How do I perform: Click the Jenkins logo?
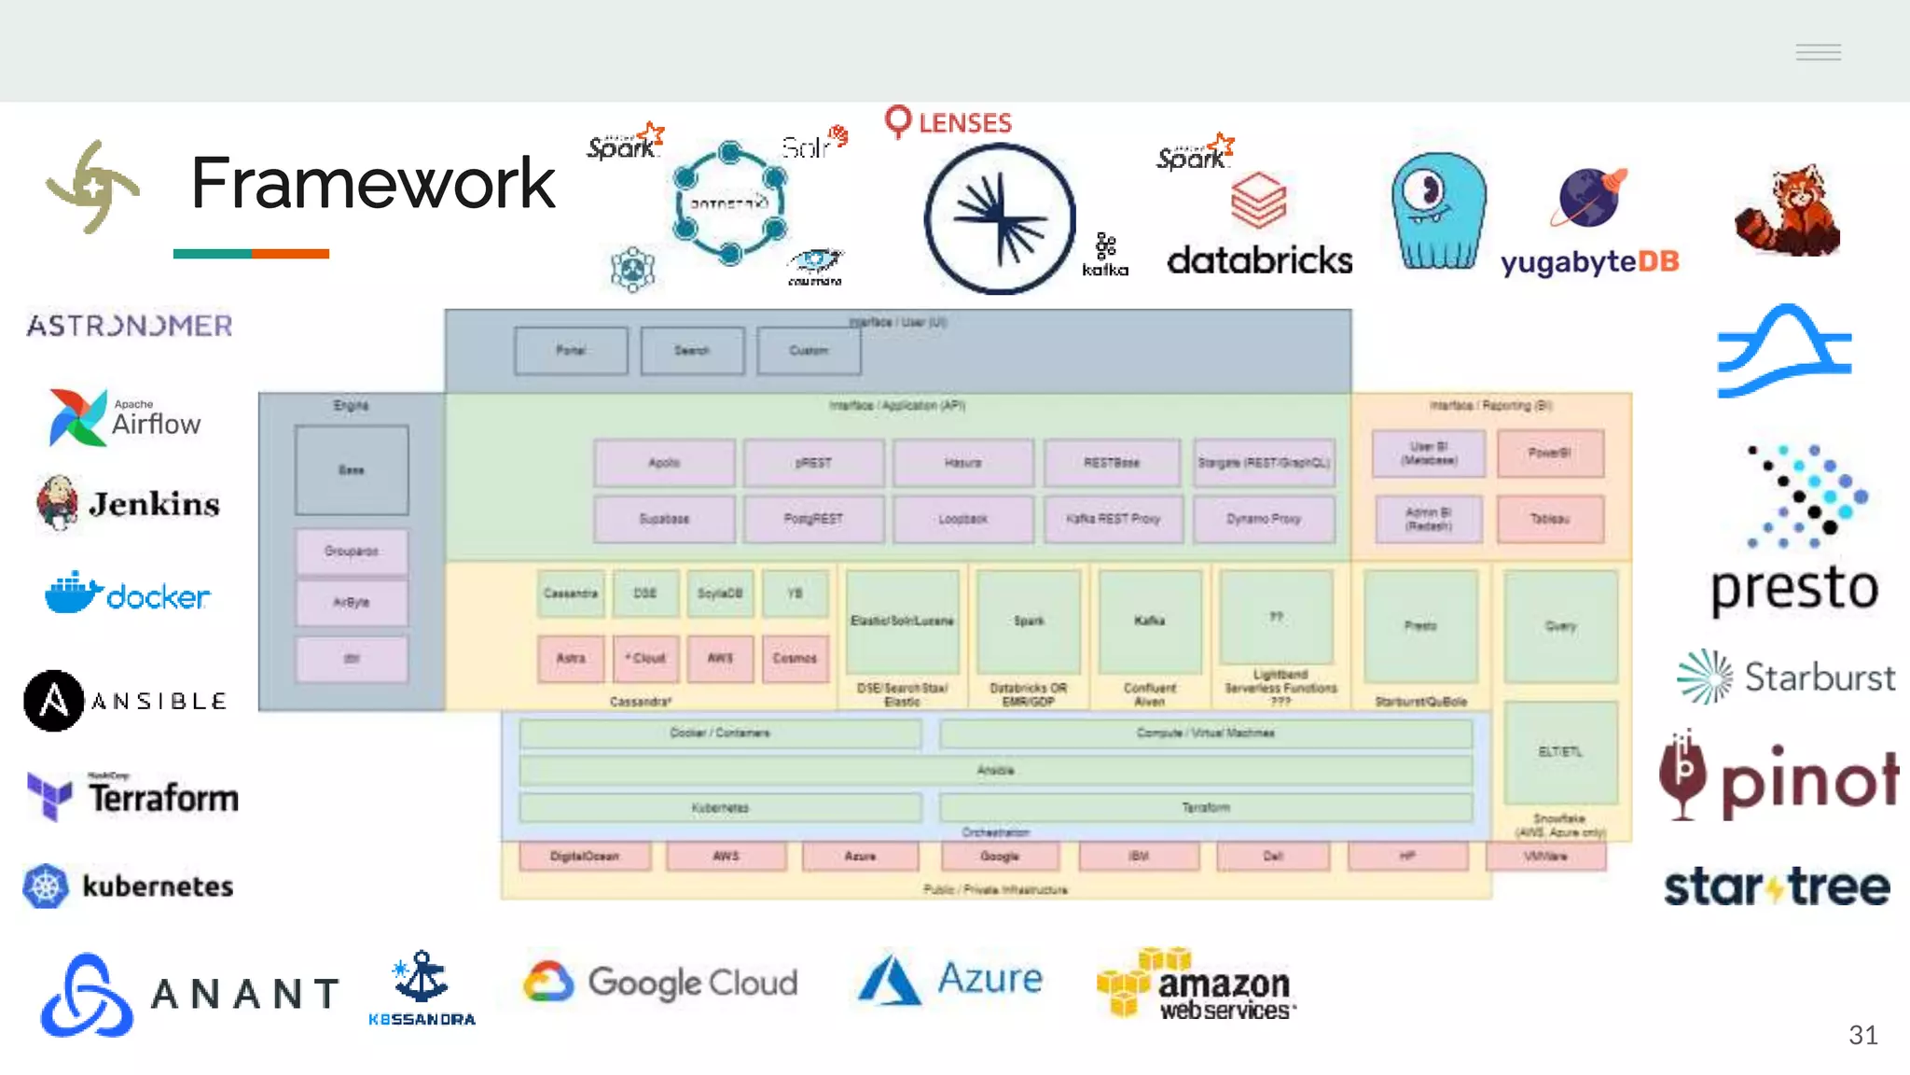(x=128, y=503)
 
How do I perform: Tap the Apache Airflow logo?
(x=124, y=417)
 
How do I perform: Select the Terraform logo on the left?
(x=133, y=797)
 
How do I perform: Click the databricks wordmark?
(x=1259, y=260)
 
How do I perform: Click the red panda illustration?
(x=1787, y=211)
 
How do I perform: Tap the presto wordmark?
(x=1794, y=588)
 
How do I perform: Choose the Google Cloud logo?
(x=660, y=983)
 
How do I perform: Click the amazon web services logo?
(x=1197, y=984)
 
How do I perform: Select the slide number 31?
(x=1862, y=1035)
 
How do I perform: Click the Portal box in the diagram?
(x=571, y=351)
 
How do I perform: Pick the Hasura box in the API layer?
(x=962, y=463)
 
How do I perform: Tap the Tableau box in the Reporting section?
(x=1550, y=519)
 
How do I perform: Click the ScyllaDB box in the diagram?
(x=720, y=593)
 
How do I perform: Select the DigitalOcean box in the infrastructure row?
(x=585, y=856)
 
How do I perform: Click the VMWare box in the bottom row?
(x=1545, y=856)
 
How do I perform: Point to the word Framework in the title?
(x=372, y=183)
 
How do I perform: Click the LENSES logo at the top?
(x=948, y=122)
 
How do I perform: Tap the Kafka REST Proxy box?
(x=1113, y=519)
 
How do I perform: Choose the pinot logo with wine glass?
(x=1778, y=778)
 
